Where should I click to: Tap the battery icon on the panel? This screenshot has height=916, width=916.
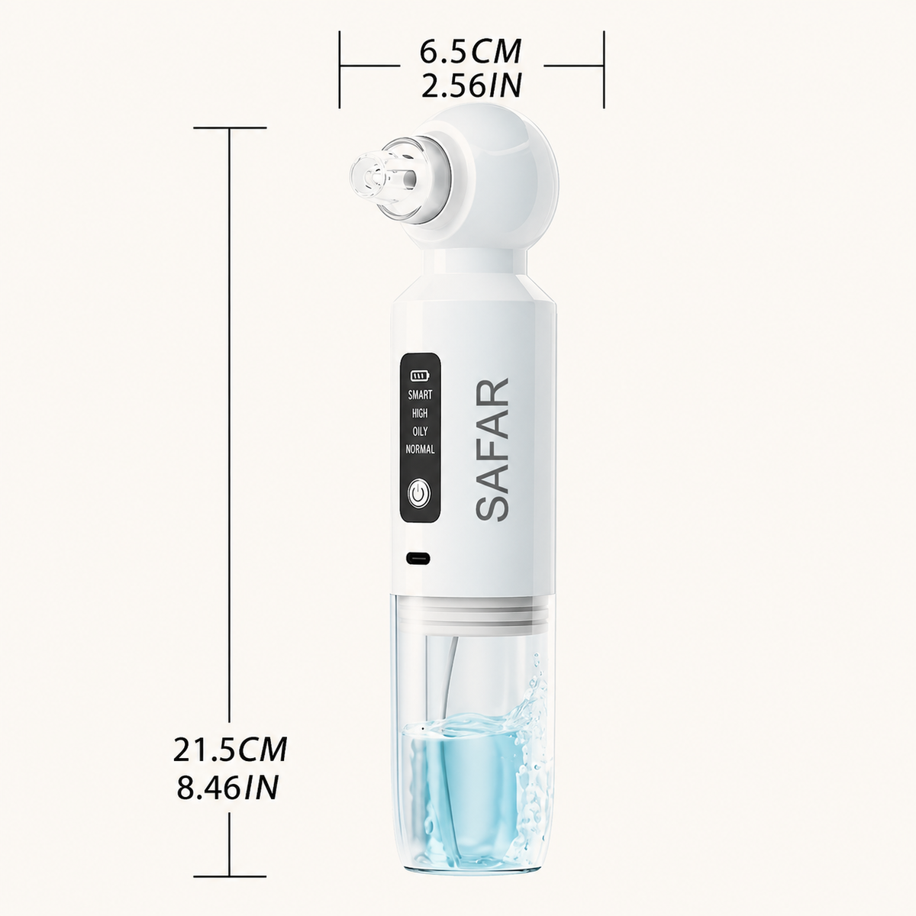pyautogui.click(x=419, y=376)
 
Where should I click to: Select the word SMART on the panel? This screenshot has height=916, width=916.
pyautogui.click(x=420, y=395)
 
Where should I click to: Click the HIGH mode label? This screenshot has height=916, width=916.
pyautogui.click(x=420, y=413)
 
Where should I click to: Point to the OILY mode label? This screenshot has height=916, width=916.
pyautogui.click(x=420, y=431)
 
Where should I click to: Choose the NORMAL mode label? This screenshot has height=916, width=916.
pyautogui.click(x=420, y=449)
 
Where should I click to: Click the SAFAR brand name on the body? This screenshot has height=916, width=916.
pyautogui.click(x=492, y=449)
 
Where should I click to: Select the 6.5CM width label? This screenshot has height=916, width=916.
pyautogui.click(x=471, y=51)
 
